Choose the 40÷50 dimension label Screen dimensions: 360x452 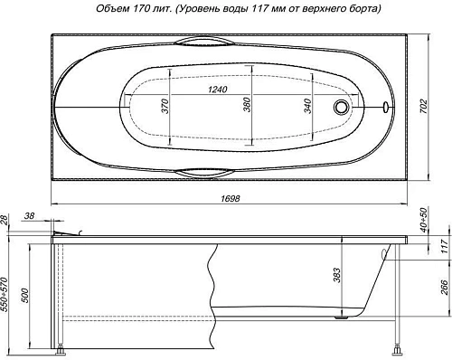pos(437,217)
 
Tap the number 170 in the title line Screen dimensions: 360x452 pos(140,9)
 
